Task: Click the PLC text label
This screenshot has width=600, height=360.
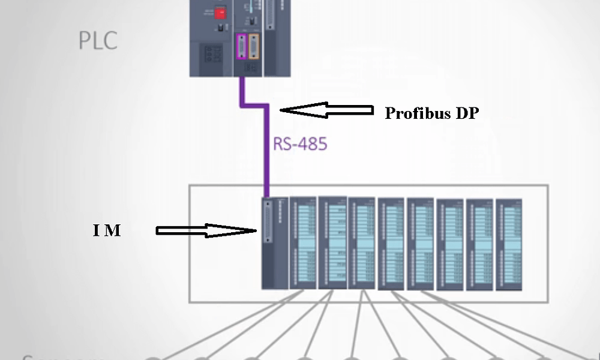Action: (98, 41)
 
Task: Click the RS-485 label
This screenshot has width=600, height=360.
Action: (301, 144)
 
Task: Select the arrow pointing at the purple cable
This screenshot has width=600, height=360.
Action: (326, 110)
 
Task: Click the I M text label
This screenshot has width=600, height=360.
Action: (107, 230)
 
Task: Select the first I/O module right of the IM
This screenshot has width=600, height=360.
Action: (303, 242)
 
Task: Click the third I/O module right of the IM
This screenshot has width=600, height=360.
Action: (362, 244)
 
